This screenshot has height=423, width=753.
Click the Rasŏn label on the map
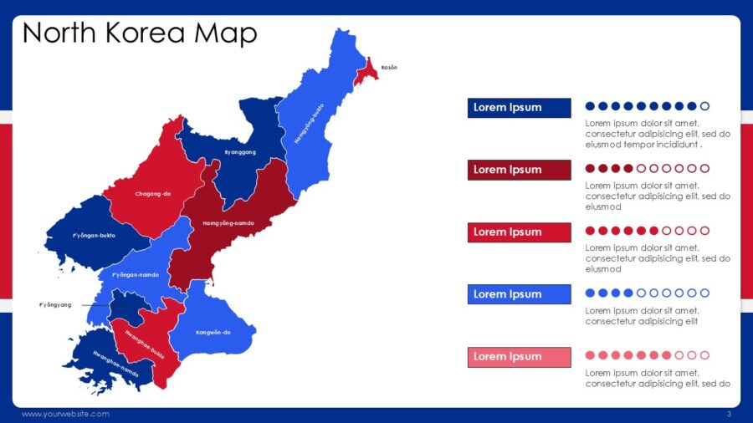(389, 67)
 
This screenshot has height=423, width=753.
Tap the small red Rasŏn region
(366, 72)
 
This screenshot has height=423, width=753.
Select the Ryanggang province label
(240, 152)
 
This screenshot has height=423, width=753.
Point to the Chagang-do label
(153, 194)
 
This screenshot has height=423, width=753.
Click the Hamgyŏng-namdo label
(228, 223)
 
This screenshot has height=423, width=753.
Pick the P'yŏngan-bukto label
(94, 235)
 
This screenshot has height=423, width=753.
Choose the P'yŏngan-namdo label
(136, 274)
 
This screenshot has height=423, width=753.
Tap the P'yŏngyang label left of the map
(55, 305)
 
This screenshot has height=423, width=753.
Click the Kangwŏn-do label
(213, 332)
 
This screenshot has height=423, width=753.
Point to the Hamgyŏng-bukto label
(309, 125)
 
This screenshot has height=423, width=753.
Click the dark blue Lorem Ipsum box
(519, 107)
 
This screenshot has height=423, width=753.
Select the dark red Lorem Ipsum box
(519, 170)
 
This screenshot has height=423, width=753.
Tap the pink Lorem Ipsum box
(519, 357)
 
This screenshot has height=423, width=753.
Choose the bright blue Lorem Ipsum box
(519, 294)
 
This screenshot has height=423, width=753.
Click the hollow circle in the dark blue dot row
(704, 106)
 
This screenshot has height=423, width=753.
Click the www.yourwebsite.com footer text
(65, 415)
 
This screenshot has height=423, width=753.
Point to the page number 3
(729, 415)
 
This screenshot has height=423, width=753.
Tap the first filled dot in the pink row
(590, 355)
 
